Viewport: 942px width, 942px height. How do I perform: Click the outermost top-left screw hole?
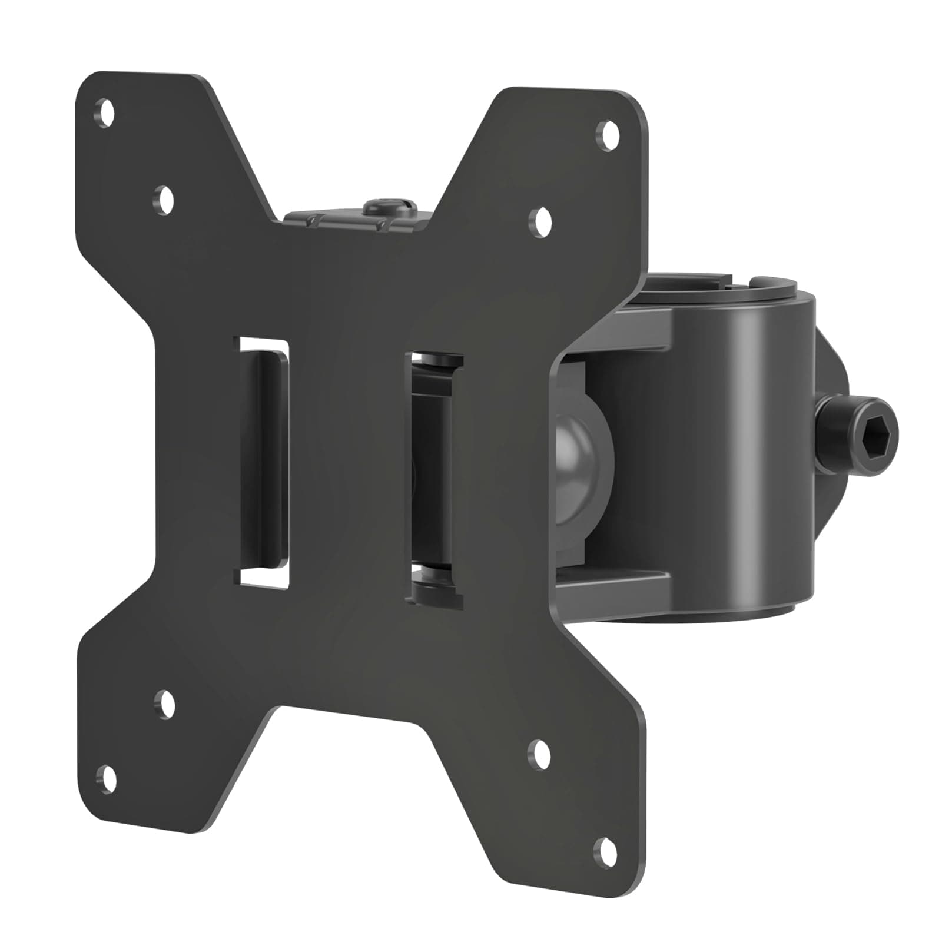[x=107, y=110]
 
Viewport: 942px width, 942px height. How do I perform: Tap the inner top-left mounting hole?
[x=164, y=198]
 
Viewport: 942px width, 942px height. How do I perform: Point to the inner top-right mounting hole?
[x=542, y=221]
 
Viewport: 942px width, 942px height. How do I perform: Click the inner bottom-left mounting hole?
[x=164, y=703]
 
